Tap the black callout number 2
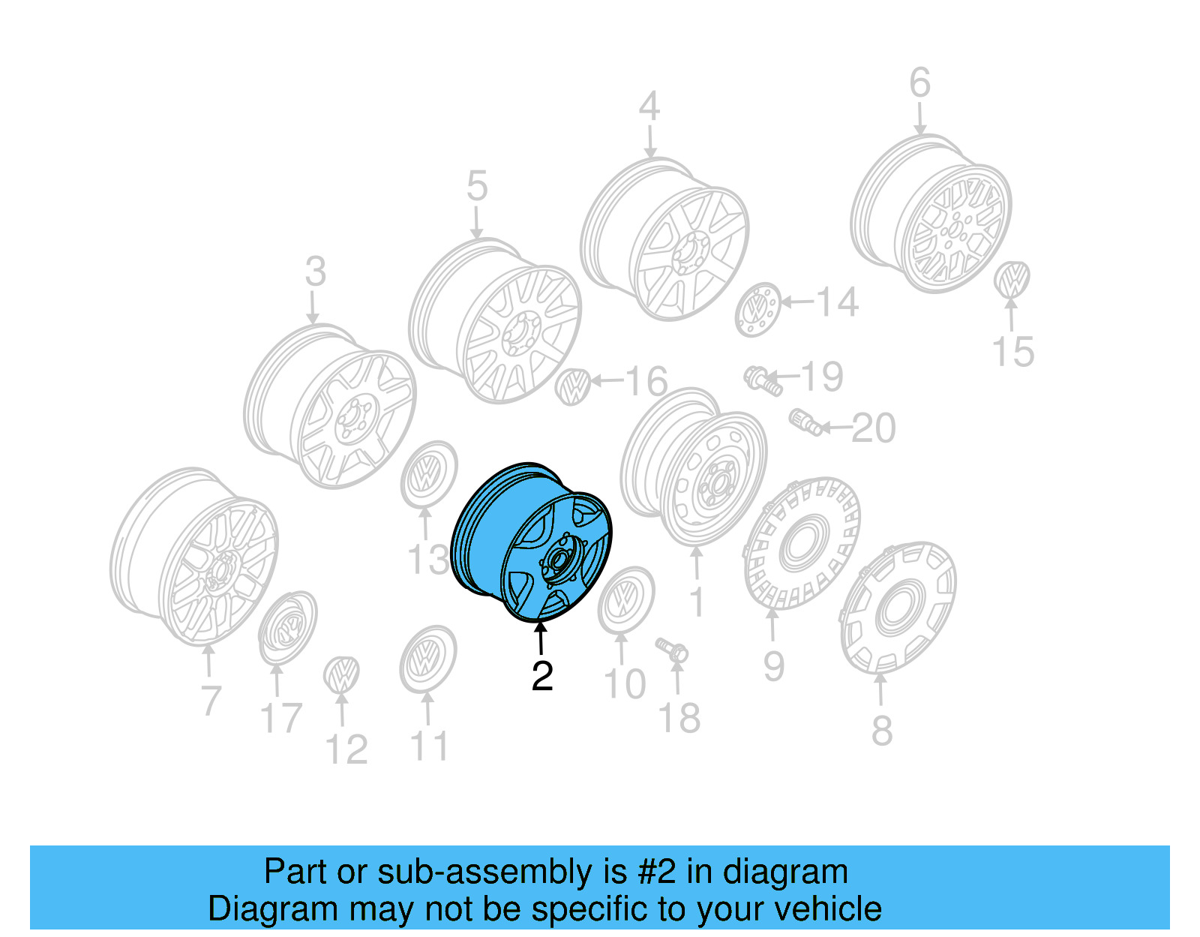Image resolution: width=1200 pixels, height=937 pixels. [x=542, y=677]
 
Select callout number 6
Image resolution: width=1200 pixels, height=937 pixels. [x=919, y=83]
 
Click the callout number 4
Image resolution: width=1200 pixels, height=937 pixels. [x=649, y=107]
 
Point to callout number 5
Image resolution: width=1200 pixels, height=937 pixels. [x=477, y=186]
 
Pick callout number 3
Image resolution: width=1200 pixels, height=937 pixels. [x=315, y=272]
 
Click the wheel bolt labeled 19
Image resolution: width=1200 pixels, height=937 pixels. [x=762, y=380]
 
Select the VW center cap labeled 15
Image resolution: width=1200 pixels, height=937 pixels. [x=1012, y=279]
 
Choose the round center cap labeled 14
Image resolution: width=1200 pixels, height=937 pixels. [x=757, y=309]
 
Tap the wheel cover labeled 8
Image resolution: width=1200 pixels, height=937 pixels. [x=898, y=608]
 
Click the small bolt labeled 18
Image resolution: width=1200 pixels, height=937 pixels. [x=672, y=649]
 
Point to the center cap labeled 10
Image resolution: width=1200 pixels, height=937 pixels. [x=626, y=599]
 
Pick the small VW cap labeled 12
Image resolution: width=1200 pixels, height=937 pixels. [x=341, y=674]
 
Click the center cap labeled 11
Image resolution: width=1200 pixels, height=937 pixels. [x=427, y=659]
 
